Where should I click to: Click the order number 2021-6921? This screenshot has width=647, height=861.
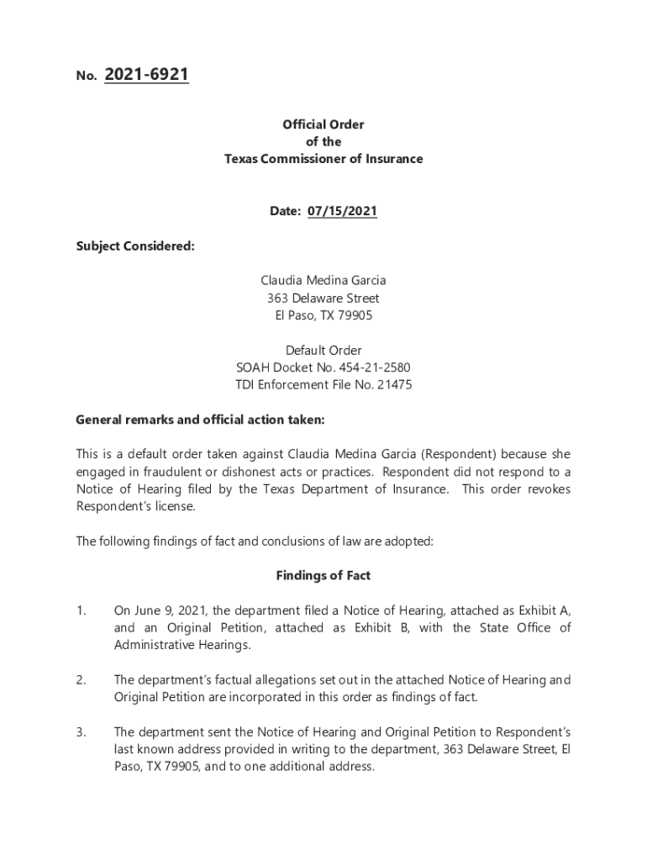click(146, 76)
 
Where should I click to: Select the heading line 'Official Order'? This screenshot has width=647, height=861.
click(323, 124)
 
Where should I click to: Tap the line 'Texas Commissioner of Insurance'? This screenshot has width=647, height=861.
click(323, 159)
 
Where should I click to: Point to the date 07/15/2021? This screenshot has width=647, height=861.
click(342, 212)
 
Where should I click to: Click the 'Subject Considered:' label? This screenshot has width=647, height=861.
click(135, 246)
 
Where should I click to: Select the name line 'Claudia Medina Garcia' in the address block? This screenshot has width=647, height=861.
click(323, 281)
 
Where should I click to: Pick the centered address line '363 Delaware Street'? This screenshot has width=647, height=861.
click(323, 298)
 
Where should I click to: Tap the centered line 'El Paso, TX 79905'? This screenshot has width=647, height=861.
click(323, 315)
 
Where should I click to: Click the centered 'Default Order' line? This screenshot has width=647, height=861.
click(323, 350)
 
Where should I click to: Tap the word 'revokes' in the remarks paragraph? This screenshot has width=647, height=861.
click(550, 489)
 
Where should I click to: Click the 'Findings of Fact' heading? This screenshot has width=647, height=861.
click(323, 576)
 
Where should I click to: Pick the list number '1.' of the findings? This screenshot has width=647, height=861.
click(81, 610)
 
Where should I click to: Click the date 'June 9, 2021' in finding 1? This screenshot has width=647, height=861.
click(165, 610)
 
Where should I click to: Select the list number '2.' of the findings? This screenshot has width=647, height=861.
click(81, 679)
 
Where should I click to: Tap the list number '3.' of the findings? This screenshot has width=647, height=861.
click(81, 732)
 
